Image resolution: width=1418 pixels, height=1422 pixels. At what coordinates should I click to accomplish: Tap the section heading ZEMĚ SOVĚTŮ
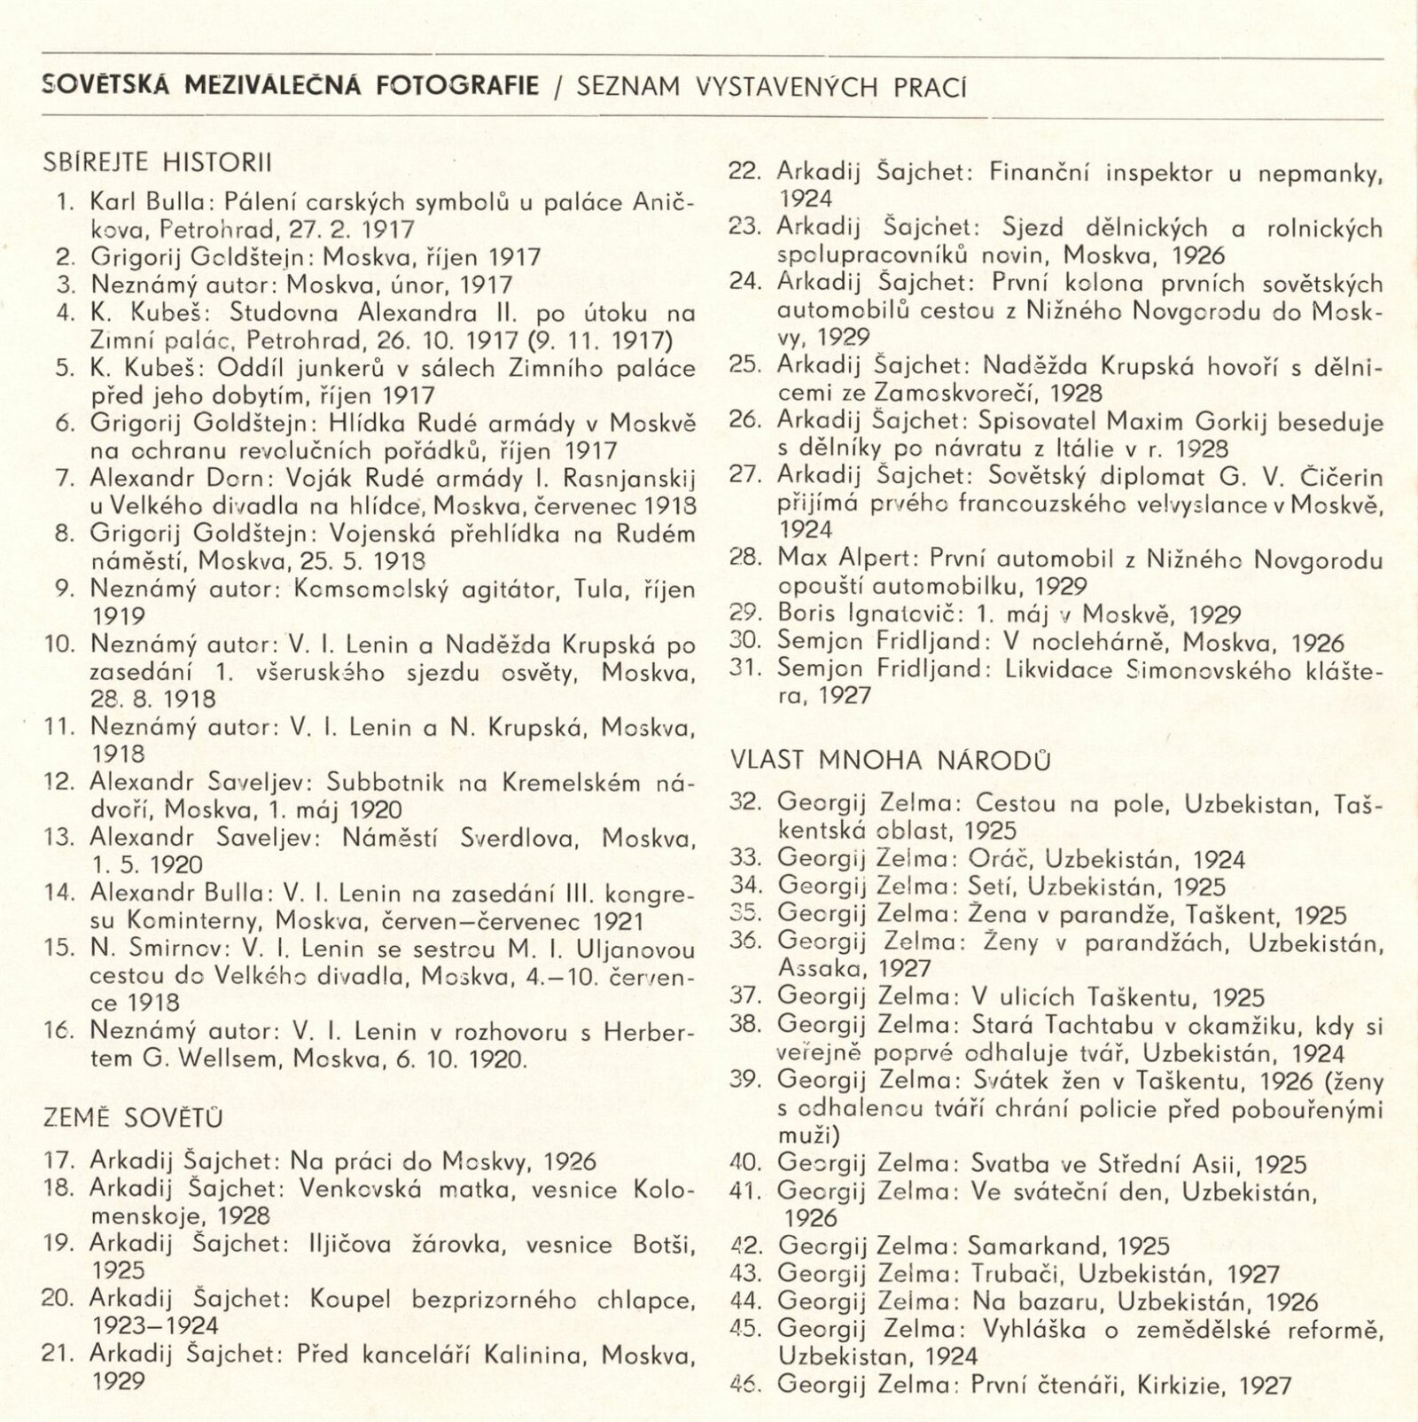tap(132, 1117)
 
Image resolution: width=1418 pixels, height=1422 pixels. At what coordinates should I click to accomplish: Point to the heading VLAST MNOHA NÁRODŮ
tap(891, 760)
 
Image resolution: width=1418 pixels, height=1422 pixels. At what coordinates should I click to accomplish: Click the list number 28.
tap(745, 559)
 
